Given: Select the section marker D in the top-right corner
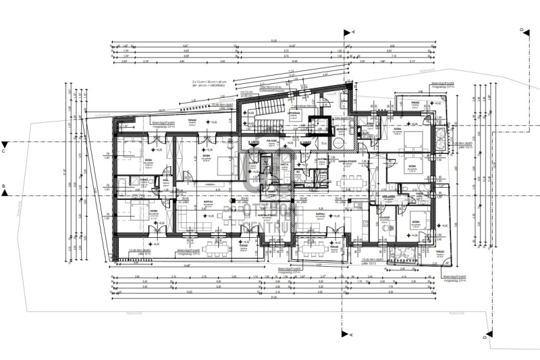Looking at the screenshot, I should click(521, 30).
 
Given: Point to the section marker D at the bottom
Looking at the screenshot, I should click(483, 336).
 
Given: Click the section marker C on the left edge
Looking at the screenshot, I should click(5, 143).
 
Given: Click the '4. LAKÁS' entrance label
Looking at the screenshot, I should click(254, 143).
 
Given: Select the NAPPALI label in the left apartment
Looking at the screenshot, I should click(209, 202).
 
